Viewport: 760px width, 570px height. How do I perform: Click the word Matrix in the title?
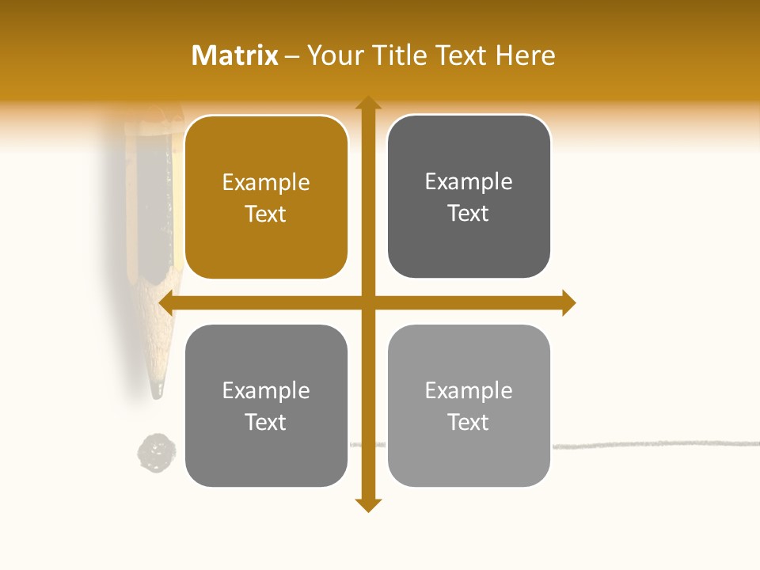click(x=234, y=55)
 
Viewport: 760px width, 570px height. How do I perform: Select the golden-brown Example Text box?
click(x=266, y=198)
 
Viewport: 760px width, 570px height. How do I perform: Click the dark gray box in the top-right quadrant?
click(x=469, y=197)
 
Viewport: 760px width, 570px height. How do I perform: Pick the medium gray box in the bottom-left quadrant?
click(x=266, y=405)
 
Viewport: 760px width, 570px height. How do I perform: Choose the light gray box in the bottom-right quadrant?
click(x=469, y=405)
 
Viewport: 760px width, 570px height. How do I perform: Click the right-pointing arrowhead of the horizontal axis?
click(x=568, y=302)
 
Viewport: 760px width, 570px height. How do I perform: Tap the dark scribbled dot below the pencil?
click(x=156, y=453)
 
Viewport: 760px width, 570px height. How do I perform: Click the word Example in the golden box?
click(x=266, y=183)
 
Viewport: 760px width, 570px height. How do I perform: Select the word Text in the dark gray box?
click(x=469, y=214)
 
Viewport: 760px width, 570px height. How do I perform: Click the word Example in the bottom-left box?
click(x=266, y=390)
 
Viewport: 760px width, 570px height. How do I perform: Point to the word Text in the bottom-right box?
click(x=469, y=422)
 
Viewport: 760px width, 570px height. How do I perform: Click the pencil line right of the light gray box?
click(x=649, y=444)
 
